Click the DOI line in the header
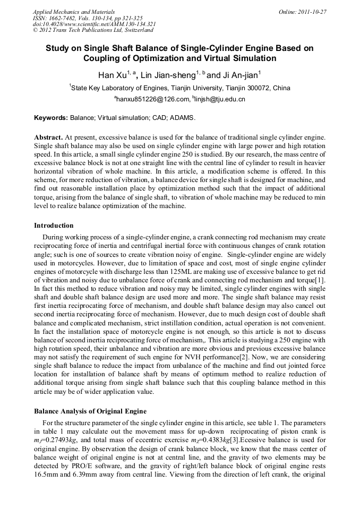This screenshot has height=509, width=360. point(94,24)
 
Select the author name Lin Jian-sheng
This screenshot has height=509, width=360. point(168,75)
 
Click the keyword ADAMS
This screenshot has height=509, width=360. point(183,117)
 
